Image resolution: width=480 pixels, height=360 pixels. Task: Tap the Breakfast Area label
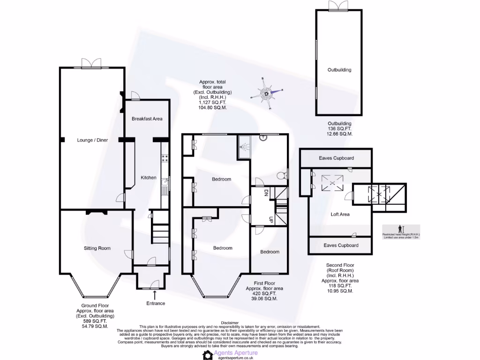147,119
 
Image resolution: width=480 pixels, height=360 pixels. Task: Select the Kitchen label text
149,178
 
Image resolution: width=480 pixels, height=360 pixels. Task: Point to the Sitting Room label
97,248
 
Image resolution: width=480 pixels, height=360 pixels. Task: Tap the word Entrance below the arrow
156,303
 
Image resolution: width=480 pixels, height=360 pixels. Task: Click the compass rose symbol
267,94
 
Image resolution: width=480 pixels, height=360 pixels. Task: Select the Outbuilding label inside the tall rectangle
339,70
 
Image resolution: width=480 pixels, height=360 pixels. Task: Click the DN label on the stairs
265,192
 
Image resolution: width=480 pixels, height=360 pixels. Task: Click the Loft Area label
340,214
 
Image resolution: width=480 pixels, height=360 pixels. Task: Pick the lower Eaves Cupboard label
341,245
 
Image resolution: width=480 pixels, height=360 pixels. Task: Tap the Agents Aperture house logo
208,355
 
